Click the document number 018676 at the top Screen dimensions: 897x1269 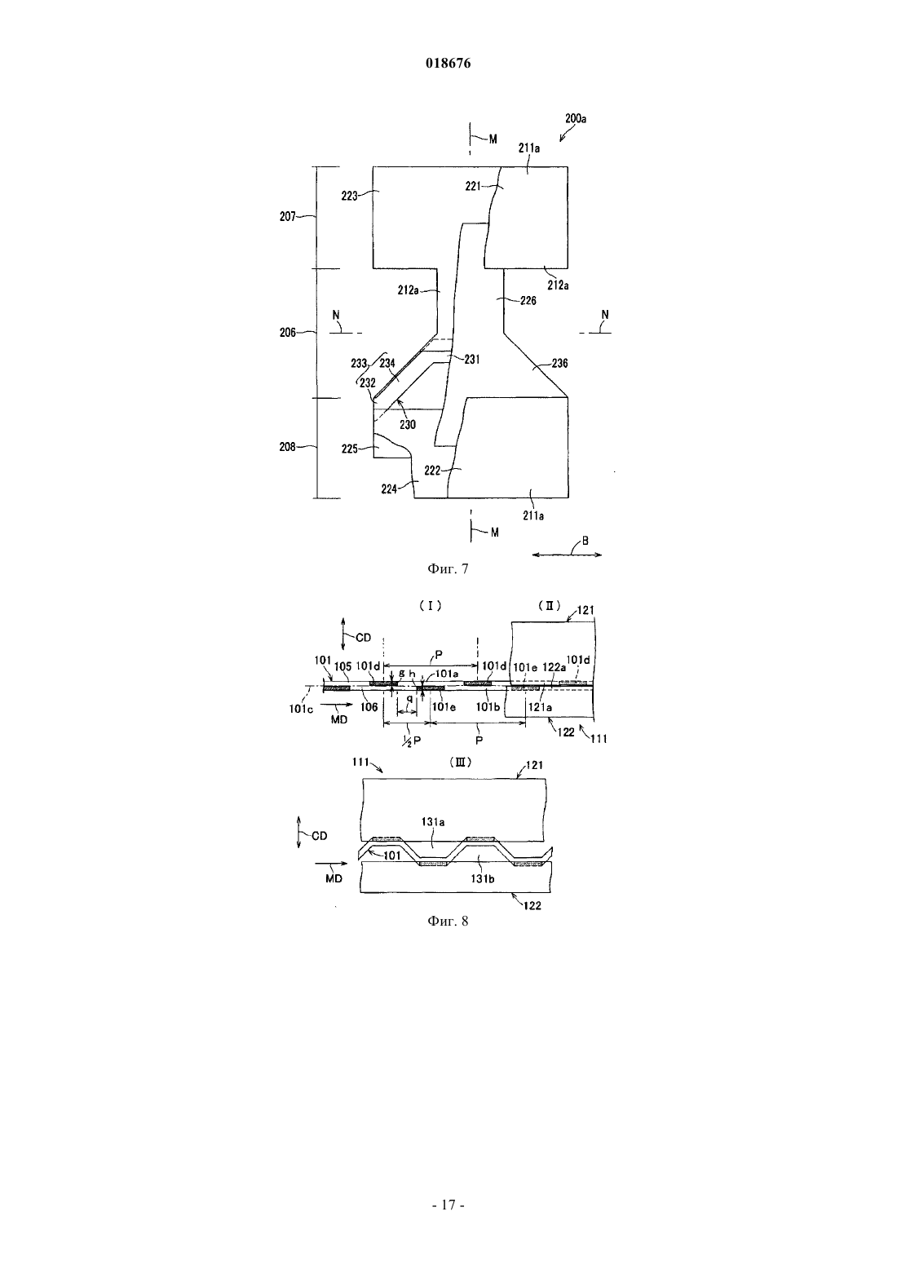[x=448, y=63]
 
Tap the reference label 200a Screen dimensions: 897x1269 [x=576, y=118]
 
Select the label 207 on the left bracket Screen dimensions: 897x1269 [x=288, y=216]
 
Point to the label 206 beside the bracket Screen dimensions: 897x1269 [x=288, y=333]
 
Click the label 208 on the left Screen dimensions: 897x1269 [x=288, y=447]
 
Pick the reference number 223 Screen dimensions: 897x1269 [x=349, y=196]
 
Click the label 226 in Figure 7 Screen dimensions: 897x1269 [x=528, y=301]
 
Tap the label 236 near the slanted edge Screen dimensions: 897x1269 [x=559, y=363]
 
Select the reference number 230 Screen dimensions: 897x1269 [x=408, y=424]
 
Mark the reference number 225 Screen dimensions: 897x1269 [x=350, y=449]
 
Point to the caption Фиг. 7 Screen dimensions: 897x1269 [x=448, y=568]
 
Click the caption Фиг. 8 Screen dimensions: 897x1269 [x=448, y=921]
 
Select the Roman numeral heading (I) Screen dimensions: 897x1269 [x=431, y=606]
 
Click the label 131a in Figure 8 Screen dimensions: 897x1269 [x=432, y=822]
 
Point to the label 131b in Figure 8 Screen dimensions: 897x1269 [x=483, y=878]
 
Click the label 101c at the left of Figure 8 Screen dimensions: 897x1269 [x=301, y=709]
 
